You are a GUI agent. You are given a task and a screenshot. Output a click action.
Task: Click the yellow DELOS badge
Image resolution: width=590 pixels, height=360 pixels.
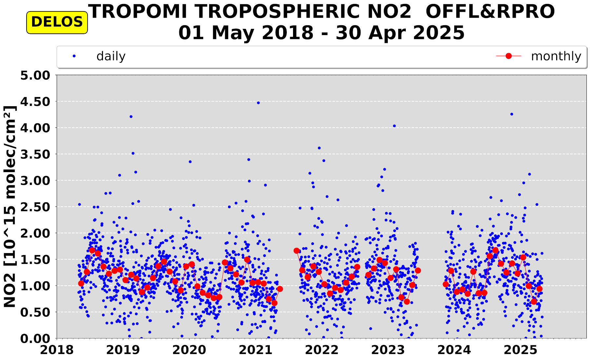[57, 22]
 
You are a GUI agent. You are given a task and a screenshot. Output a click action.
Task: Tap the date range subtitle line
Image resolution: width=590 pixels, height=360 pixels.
[321, 33]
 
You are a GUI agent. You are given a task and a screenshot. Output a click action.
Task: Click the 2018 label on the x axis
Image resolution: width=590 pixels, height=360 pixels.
[57, 350]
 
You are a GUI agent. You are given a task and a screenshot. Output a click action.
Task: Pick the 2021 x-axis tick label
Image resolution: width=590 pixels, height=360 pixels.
[256, 350]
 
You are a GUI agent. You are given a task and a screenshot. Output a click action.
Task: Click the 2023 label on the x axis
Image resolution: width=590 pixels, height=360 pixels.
[388, 350]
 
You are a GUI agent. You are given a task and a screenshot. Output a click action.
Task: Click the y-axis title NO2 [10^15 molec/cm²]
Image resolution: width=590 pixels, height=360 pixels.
[10, 207]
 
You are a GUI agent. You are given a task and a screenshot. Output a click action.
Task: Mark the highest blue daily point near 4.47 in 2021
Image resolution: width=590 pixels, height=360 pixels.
[258, 103]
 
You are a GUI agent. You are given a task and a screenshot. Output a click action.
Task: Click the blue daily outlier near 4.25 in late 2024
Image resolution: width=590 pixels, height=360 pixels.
[512, 114]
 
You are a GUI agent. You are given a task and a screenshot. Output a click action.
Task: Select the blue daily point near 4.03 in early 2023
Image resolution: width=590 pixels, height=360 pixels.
[394, 126]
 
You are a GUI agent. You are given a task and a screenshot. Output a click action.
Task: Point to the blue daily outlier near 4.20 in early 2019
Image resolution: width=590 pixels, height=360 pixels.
[131, 116]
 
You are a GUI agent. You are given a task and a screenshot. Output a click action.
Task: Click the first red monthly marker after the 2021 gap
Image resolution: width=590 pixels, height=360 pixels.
[297, 251]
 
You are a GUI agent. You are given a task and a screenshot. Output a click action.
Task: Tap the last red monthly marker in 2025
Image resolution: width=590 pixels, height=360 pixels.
[539, 289]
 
